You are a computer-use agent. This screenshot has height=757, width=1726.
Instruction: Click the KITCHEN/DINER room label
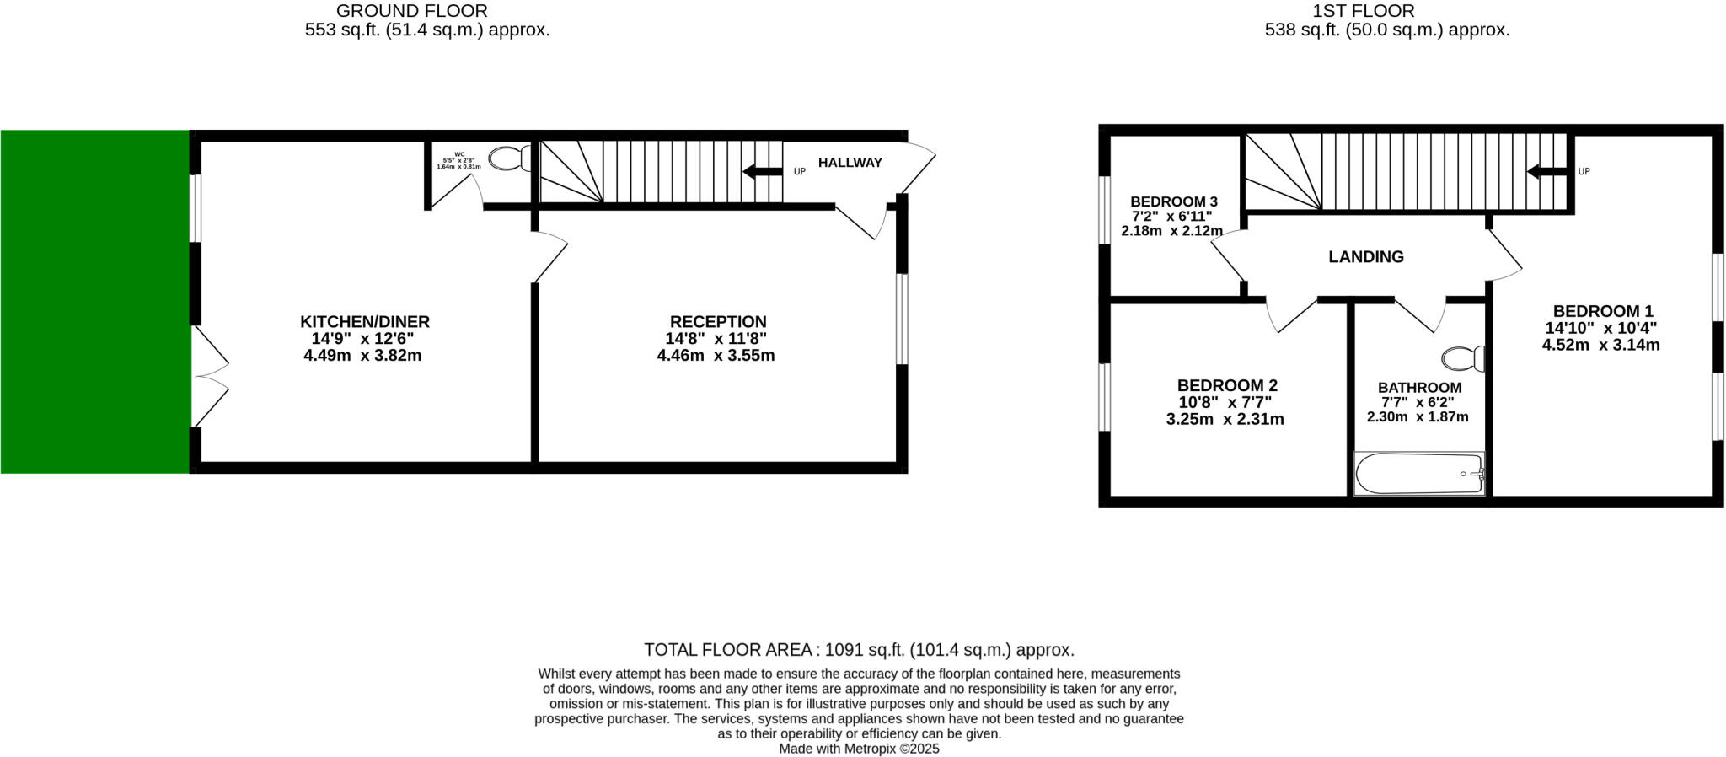pyautogui.click(x=365, y=322)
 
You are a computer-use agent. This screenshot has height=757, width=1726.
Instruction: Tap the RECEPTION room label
pyautogui.click(x=718, y=322)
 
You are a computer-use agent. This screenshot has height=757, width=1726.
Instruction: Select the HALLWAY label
pyautogui.click(x=850, y=163)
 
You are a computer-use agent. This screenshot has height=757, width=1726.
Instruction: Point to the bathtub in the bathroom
pyautogui.click(x=1418, y=474)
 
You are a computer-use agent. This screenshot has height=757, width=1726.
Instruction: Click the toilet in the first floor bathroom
pyautogui.click(x=1463, y=358)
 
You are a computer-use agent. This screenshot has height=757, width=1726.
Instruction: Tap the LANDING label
pyautogui.click(x=1366, y=257)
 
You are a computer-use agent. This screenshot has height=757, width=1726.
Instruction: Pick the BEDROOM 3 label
pyautogui.click(x=1173, y=202)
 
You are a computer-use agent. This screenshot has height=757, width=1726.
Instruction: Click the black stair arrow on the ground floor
pyautogui.click(x=762, y=172)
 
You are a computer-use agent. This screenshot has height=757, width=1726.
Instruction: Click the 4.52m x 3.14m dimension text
pyautogui.click(x=1600, y=345)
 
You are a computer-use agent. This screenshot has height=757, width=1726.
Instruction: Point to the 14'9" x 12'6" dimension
pyautogui.click(x=362, y=339)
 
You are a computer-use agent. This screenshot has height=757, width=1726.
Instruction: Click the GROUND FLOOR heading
pyautogui.click(x=411, y=11)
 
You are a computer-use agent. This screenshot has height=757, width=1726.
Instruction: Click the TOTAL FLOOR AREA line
pyautogui.click(x=859, y=650)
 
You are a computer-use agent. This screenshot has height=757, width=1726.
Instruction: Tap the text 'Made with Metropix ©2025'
pyautogui.click(x=859, y=749)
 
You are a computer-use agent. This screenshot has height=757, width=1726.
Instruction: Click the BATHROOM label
pyautogui.click(x=1420, y=388)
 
